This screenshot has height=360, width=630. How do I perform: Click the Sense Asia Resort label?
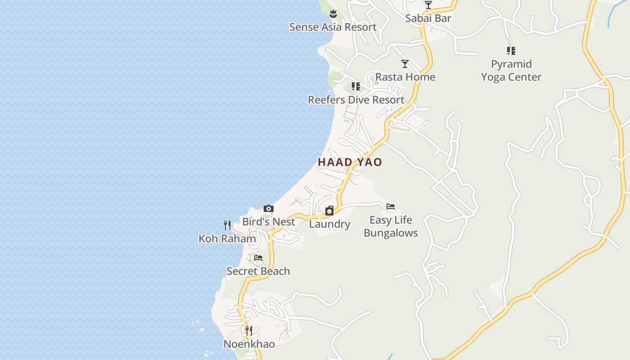[333, 27]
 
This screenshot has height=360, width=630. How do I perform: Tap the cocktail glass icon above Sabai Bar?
[428, 5]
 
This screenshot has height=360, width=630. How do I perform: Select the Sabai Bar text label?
[428, 18]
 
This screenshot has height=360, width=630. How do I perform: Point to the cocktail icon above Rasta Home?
[405, 64]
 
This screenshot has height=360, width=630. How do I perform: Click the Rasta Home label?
[405, 77]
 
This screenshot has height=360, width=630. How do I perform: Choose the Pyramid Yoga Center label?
[511, 71]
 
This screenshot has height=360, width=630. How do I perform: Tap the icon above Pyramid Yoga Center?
[511, 51]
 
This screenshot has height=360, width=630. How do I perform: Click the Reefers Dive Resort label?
[356, 100]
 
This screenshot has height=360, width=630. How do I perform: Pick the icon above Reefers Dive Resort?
[355, 86]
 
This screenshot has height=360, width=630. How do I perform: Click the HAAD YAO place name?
[350, 162]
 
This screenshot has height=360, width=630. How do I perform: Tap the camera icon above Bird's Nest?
[269, 208]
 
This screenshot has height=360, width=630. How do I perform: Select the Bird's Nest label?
[269, 222]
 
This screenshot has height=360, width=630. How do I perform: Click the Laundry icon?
[329, 211]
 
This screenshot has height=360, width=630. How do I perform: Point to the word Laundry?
[329, 224]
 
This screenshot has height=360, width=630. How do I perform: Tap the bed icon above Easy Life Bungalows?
[391, 207]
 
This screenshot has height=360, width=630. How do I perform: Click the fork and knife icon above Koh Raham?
[227, 225]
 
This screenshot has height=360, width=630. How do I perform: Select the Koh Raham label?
[227, 238]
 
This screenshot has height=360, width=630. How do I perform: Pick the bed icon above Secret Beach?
[258, 258]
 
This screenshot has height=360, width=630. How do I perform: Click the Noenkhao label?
[249, 344]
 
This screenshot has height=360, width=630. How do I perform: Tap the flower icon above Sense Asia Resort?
[333, 13]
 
